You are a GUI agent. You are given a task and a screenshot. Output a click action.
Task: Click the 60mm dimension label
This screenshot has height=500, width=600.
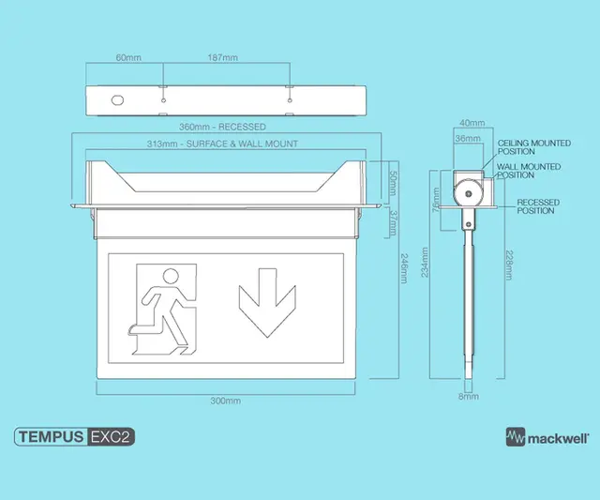[x=128, y=58]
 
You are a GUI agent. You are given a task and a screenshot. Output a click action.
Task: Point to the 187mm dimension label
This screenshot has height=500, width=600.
[x=223, y=58]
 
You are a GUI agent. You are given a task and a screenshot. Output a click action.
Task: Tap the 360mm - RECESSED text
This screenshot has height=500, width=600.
[x=222, y=127]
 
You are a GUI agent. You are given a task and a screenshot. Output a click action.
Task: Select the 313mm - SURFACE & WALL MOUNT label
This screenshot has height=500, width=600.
[x=222, y=144]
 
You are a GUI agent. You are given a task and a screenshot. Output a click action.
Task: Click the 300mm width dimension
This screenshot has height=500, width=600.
[x=226, y=401]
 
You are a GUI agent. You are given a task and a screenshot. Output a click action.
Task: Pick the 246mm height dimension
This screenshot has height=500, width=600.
[x=404, y=268]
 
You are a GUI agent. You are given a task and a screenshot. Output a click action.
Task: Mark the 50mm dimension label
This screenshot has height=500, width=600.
[x=393, y=183]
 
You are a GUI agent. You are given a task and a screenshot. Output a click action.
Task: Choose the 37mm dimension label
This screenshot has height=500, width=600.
[x=393, y=223]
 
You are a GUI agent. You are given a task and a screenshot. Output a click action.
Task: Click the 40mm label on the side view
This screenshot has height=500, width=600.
[x=472, y=123]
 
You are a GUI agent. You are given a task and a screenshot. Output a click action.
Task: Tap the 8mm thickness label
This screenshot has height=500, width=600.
[x=469, y=397]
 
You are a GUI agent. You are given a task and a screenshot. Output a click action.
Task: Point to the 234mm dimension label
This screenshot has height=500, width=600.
[x=425, y=263]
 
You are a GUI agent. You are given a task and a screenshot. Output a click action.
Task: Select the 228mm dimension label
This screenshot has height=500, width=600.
[x=509, y=265]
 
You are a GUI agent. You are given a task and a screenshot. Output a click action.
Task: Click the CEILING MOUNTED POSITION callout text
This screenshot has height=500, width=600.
[x=534, y=147]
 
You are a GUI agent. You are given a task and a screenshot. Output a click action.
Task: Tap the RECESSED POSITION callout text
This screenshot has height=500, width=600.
[x=538, y=206]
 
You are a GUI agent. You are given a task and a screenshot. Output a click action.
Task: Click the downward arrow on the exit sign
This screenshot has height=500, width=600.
[x=267, y=303]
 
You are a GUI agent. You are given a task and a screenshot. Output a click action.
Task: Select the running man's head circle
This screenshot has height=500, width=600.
[x=171, y=277]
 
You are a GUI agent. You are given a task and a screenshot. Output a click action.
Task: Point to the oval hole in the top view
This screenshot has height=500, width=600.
[x=117, y=100]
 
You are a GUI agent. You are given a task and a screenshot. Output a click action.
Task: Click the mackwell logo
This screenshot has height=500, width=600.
[x=547, y=437]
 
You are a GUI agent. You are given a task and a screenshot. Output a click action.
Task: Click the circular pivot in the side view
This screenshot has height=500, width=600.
[x=468, y=194]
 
